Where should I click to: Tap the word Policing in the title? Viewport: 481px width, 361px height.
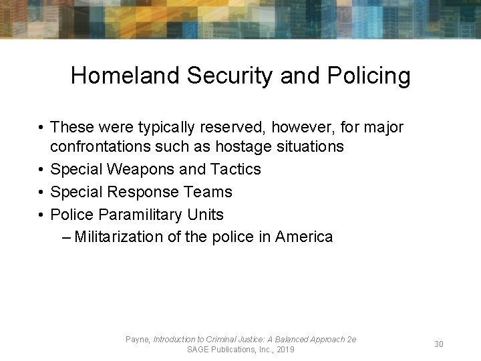[x=369, y=76]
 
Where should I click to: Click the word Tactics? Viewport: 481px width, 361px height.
[x=234, y=169]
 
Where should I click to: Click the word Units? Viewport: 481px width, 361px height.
[x=206, y=215]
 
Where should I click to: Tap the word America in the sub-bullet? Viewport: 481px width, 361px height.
[x=303, y=237]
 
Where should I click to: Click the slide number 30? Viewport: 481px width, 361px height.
[x=439, y=344]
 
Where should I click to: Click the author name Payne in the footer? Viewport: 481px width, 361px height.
[x=138, y=340]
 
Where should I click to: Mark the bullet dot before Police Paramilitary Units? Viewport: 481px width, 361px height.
[x=41, y=215]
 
